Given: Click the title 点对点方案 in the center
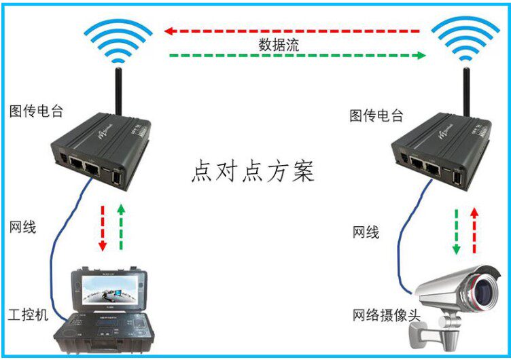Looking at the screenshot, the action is [x=253, y=170].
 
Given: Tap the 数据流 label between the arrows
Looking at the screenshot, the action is [x=279, y=45].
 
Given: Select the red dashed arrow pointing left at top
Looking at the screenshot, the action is [x=292, y=31].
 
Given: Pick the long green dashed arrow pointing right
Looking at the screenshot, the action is [x=298, y=55].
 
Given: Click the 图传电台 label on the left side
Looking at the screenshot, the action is [x=36, y=111].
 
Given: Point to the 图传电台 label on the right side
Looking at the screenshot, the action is [x=376, y=115].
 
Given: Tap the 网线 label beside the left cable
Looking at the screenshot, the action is [x=22, y=227].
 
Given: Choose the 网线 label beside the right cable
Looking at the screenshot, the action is [x=366, y=232].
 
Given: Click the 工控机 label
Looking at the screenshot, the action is [x=28, y=314].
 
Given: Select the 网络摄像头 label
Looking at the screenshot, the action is [x=387, y=315].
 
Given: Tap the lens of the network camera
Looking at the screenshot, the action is [x=484, y=290].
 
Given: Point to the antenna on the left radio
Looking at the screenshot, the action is [x=118, y=91].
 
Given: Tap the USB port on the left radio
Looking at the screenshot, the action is [x=117, y=177].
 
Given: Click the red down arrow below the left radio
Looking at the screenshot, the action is [x=103, y=228].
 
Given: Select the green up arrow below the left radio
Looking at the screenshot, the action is [x=121, y=227].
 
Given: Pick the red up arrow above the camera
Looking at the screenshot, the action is [x=474, y=231].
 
